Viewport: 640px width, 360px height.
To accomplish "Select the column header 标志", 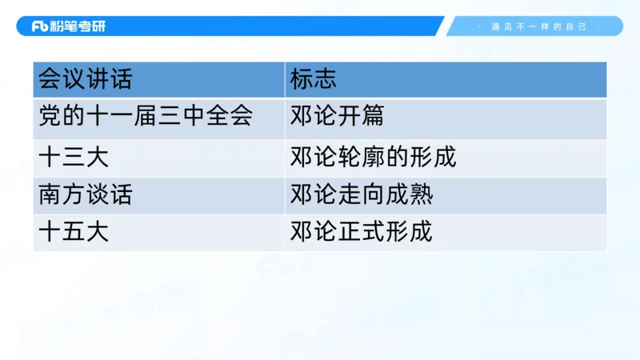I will coord(314,80).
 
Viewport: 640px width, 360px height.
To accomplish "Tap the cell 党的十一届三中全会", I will coord(146,117).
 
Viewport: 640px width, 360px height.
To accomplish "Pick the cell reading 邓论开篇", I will coord(337,117).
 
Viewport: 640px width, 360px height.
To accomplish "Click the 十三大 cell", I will coord(74,158).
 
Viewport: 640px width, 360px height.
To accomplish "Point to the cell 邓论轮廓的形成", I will coord(373,158).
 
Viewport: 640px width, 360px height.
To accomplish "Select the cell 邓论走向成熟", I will coord(361,195).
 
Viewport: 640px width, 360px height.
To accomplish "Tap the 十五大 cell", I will coord(74,233).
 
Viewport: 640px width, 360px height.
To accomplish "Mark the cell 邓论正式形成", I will coord(361,233).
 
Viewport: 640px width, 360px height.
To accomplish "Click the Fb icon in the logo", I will coord(41,26).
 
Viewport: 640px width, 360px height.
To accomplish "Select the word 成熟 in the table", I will coord(409,195).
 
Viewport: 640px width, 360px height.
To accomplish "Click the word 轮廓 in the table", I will coord(361,158).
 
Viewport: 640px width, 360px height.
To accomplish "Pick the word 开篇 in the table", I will coord(361,117).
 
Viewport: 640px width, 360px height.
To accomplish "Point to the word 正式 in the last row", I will coord(361,233).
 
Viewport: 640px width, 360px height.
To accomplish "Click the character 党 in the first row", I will coord(50,117).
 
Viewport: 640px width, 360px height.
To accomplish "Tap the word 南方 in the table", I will coord(62,195).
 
